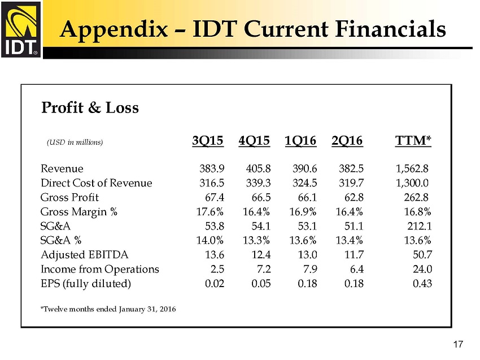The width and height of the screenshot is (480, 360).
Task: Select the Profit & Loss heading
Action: (x=90, y=107)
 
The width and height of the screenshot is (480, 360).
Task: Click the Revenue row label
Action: (x=62, y=168)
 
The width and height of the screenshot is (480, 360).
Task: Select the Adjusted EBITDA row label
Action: (x=78, y=254)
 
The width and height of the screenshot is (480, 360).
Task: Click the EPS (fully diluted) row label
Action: (x=86, y=283)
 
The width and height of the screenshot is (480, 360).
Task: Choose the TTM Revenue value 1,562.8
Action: (x=413, y=168)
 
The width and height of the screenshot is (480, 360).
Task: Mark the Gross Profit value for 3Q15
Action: (x=215, y=197)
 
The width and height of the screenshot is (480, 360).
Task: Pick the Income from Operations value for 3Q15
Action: (x=217, y=269)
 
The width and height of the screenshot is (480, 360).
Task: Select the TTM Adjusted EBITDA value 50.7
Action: (x=422, y=254)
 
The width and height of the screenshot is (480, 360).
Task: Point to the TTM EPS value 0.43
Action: (x=422, y=283)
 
